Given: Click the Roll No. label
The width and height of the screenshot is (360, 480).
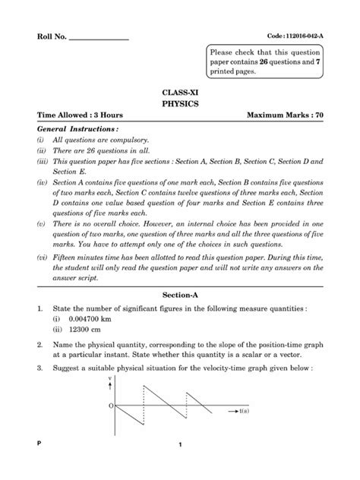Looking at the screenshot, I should point(52,37).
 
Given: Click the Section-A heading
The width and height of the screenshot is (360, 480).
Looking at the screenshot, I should point(179,292).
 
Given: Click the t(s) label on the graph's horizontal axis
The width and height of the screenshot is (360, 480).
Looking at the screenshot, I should point(247,411).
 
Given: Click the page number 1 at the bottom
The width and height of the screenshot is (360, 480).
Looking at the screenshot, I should point(180,466).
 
